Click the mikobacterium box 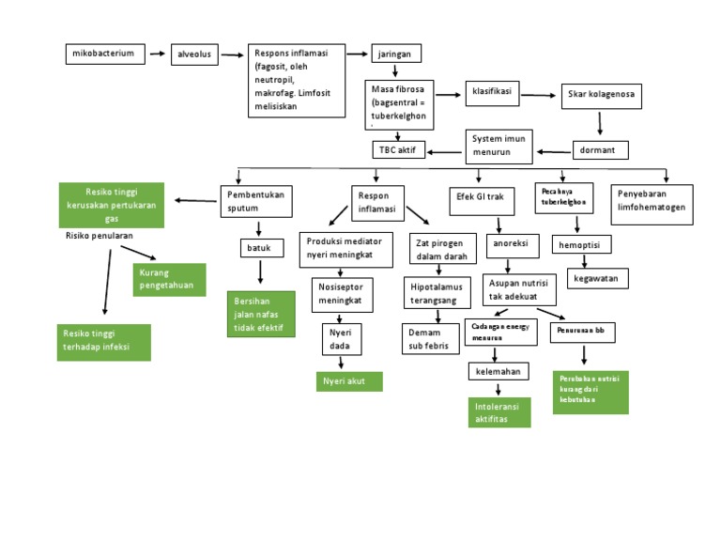[106, 54]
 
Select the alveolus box [194, 55]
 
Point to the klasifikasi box [491, 95]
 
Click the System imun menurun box [499, 144]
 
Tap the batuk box [260, 247]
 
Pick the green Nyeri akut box [348, 380]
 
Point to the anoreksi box [513, 244]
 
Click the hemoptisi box [585, 244]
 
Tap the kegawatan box [598, 279]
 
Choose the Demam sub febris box [431, 338]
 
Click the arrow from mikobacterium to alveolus [158, 55]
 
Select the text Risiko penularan [99, 236]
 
